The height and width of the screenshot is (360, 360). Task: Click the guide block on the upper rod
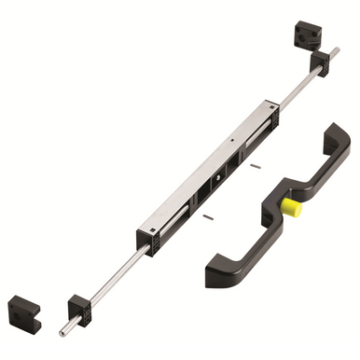tap(320, 63)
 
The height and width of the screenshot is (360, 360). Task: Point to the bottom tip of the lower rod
tap(62, 331)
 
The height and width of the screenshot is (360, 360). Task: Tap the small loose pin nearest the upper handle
tap(255, 165)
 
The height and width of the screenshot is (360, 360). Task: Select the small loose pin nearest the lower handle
tap(207, 217)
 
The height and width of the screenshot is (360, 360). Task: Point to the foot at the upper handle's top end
tap(336, 141)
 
